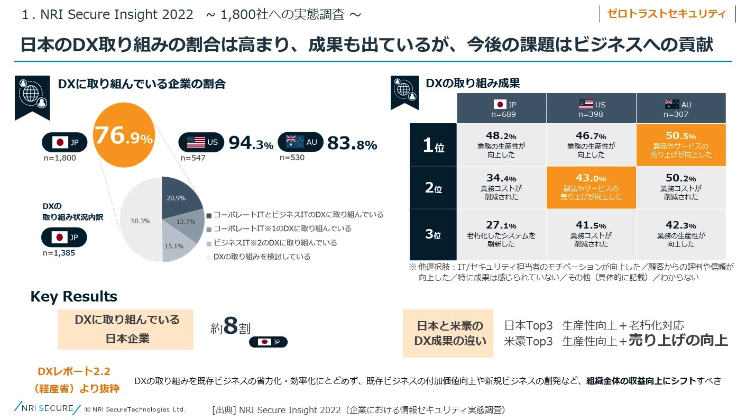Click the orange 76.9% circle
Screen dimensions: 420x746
pos(124,139)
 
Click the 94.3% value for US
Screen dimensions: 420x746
pos(251,143)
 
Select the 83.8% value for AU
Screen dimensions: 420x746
pos(352,143)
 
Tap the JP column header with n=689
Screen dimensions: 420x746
pos(501,108)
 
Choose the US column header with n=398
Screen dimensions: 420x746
pos(591,108)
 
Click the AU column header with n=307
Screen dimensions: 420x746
pos(680,108)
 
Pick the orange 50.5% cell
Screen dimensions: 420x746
pos(680,145)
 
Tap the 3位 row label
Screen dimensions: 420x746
pos(432,234)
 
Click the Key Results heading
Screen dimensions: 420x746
pos(74,296)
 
